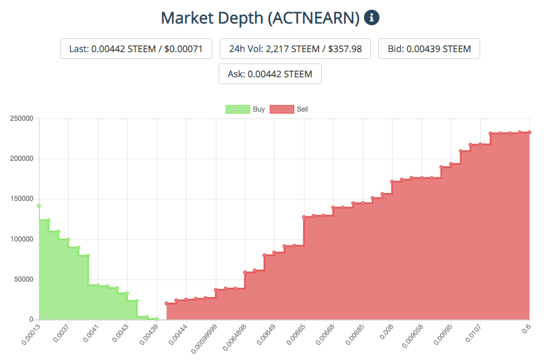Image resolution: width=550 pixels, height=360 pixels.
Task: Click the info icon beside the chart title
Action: click(x=371, y=18)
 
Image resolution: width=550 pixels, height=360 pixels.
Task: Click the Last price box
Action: click(x=136, y=49)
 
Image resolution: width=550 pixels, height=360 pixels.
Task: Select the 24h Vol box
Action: click(x=295, y=49)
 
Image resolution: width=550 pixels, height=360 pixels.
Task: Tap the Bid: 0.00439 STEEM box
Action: click(x=429, y=49)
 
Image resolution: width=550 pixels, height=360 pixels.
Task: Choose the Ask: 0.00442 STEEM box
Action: click(x=270, y=74)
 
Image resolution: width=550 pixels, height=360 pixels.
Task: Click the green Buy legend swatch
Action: click(x=238, y=109)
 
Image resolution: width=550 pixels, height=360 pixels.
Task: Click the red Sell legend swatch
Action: click(x=282, y=109)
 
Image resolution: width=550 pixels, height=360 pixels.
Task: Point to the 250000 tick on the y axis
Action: click(x=22, y=118)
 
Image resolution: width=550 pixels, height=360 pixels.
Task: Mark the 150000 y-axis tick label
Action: click(x=22, y=199)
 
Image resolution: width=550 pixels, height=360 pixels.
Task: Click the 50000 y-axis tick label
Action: click(x=23, y=279)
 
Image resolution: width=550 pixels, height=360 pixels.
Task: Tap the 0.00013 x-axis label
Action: click(x=31, y=335)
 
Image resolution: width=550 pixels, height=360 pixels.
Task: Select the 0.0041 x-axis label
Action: click(x=91, y=333)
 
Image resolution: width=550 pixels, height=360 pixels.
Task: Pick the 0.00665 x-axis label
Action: click(x=296, y=335)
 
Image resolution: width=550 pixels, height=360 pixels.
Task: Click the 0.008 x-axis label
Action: click(x=386, y=332)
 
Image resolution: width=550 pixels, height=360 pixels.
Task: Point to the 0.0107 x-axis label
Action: click(x=473, y=333)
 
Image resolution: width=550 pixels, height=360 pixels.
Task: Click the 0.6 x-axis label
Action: click(x=526, y=329)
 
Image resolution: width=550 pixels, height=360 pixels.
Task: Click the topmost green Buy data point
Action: click(x=39, y=206)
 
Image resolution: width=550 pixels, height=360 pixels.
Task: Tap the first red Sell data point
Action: click(x=167, y=303)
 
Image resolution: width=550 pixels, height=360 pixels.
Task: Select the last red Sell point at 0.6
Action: click(x=529, y=132)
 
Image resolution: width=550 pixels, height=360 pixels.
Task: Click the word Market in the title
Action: click(x=187, y=18)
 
